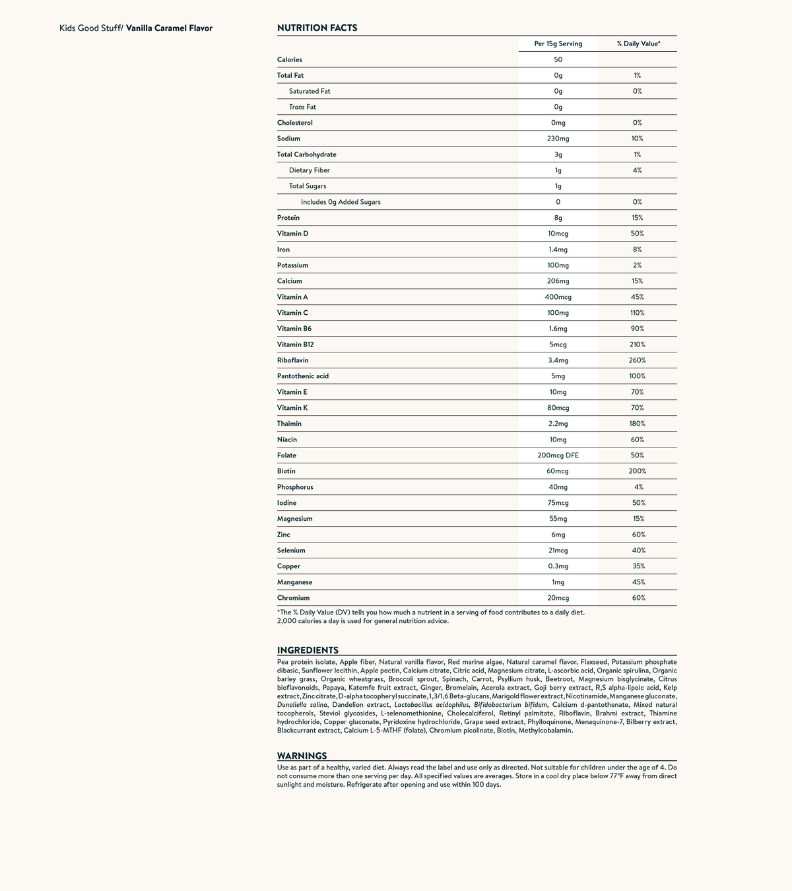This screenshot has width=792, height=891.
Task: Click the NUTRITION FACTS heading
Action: point(317,28)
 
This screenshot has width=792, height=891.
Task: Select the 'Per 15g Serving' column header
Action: point(558,44)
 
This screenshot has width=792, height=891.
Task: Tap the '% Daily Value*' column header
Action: point(638,44)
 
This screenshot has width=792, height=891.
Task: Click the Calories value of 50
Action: point(558,59)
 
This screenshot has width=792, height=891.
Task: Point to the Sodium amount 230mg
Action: point(558,139)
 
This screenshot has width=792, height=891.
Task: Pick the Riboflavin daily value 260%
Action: point(638,360)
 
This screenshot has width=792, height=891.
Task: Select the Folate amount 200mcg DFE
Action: point(558,455)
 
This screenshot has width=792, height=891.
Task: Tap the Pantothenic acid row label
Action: point(303,376)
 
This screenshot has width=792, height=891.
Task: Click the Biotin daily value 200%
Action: point(638,471)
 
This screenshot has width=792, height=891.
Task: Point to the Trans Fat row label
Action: point(302,107)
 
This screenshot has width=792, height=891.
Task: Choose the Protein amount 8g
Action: point(558,218)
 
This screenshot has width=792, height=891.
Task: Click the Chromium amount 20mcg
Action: point(558,598)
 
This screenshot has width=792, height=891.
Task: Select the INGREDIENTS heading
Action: point(308,650)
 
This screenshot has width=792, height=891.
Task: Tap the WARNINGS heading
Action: point(302,756)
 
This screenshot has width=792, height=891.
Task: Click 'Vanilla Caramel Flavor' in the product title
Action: point(170,28)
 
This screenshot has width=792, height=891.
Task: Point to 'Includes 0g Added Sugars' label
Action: point(341,202)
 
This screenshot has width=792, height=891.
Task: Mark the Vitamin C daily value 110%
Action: point(638,313)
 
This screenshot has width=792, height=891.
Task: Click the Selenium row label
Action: point(291,550)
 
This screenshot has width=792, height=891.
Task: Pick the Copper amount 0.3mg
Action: point(558,566)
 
